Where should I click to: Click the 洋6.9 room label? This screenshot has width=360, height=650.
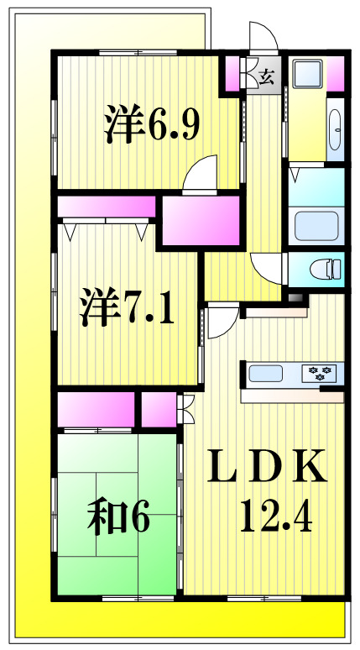[152, 124]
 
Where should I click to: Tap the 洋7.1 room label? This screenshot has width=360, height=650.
[127, 307]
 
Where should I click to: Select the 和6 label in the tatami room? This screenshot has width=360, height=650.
[117, 517]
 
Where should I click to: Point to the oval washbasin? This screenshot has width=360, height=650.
[337, 131]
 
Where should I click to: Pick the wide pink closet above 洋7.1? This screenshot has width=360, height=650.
[107, 207]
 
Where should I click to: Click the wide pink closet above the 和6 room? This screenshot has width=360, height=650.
[96, 409]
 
